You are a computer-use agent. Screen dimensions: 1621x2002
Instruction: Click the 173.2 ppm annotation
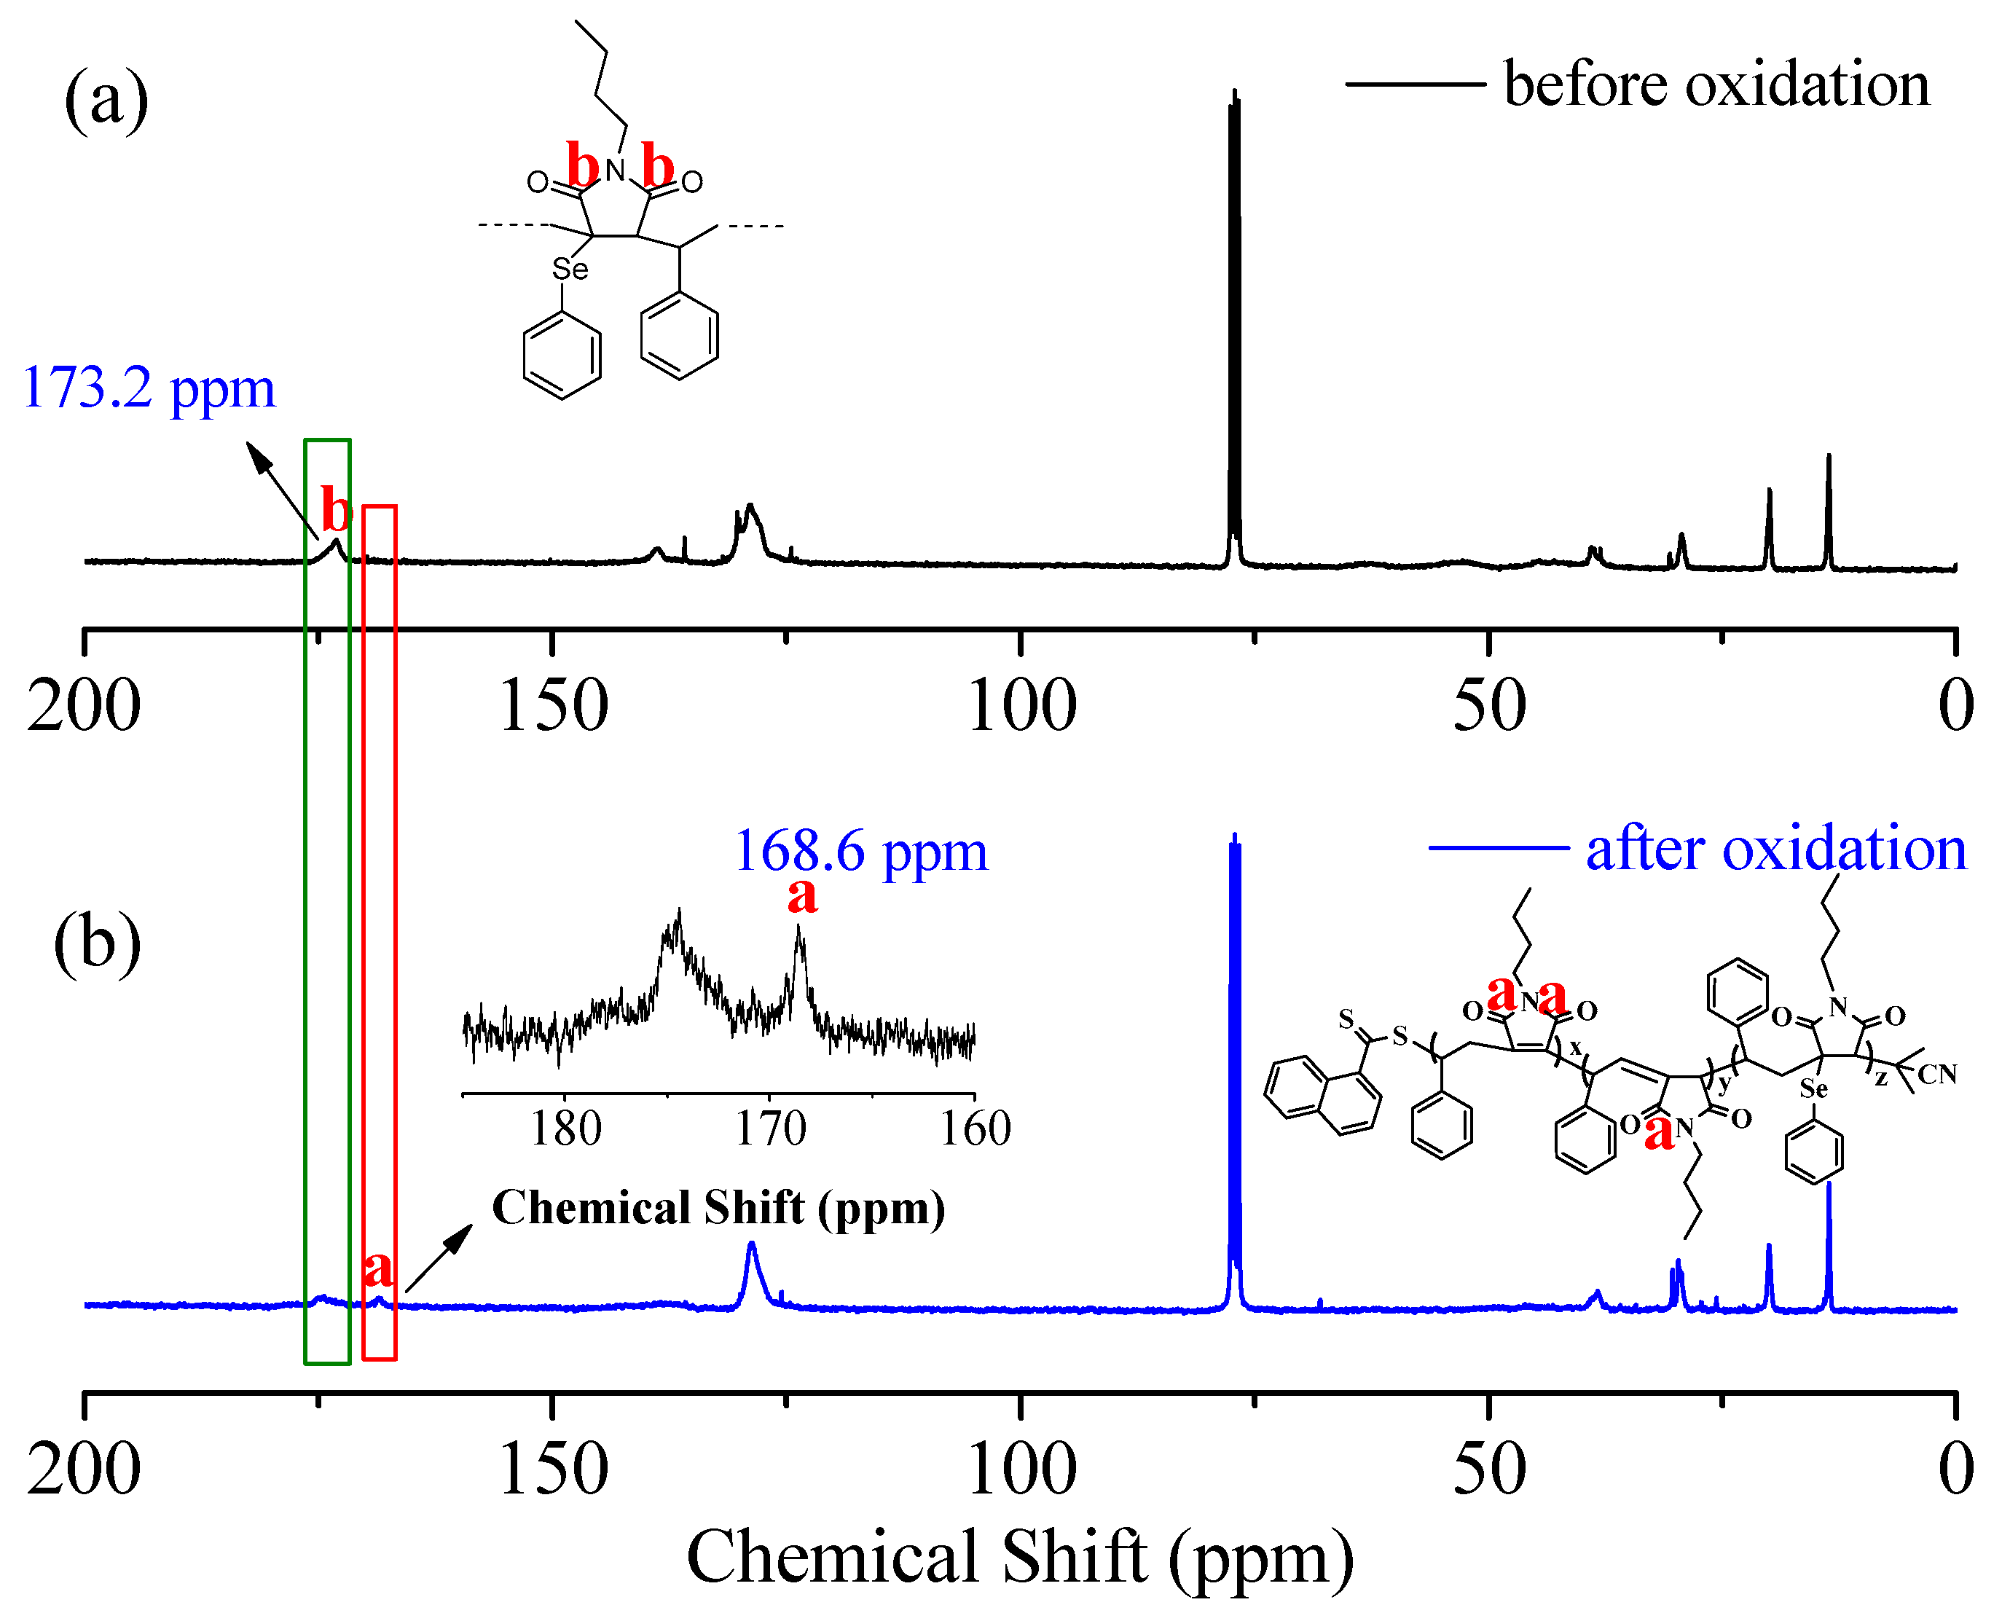pos(149,388)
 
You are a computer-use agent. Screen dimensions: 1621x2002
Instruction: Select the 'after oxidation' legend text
pos(1776,849)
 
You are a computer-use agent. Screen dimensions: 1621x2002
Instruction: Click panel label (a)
pos(106,100)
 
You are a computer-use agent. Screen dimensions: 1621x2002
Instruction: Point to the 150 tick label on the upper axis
pos(553,706)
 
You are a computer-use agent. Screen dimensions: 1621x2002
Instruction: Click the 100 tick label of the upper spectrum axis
pos(1021,706)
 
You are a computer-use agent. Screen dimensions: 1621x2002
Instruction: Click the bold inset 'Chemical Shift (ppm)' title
pos(718,1207)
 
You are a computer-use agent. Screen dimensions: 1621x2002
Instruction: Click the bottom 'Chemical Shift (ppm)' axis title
pos(1020,1558)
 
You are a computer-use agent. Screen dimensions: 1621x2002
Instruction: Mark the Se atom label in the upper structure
pos(570,270)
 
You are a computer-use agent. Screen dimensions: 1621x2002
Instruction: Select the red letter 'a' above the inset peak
pos(802,896)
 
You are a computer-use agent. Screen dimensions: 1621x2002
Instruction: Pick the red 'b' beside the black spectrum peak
pos(336,511)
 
